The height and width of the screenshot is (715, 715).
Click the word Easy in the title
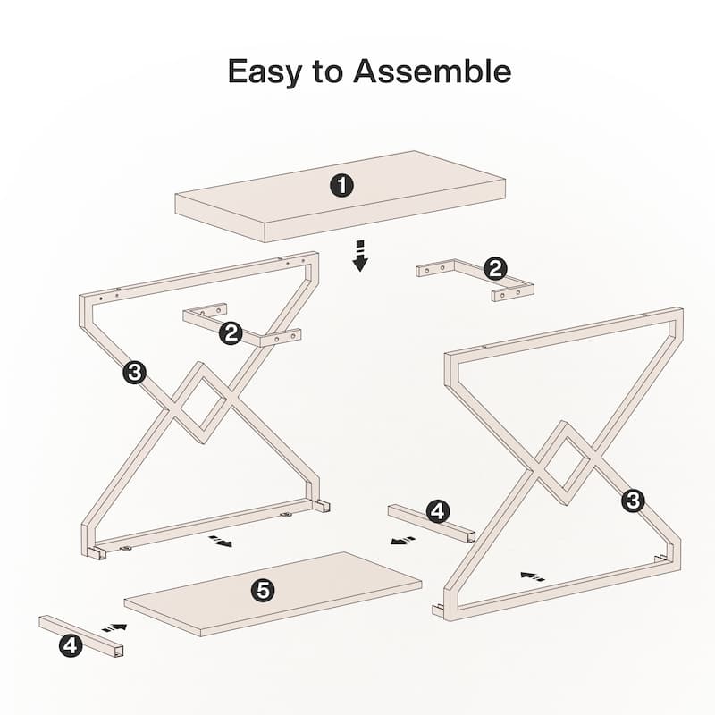point(265,71)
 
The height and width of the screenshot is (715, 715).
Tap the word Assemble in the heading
point(433,71)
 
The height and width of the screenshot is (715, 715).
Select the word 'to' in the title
point(327,72)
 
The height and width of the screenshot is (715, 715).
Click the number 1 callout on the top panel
point(341,186)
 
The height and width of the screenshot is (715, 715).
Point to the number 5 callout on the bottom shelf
point(263,591)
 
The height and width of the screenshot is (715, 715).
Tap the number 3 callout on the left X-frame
point(134,373)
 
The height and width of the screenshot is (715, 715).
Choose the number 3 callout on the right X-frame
point(633,500)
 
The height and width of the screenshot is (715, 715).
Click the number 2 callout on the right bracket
point(495,269)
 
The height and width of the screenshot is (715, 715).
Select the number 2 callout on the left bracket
point(231,332)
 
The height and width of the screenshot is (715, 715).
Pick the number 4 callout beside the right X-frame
point(437,511)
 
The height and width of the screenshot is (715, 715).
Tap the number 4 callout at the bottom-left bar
point(71,645)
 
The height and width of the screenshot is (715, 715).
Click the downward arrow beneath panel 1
point(361,256)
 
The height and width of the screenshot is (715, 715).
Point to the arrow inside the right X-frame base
point(532,576)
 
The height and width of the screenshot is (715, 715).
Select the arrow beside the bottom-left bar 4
point(114,628)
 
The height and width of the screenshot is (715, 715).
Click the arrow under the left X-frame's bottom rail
point(220,542)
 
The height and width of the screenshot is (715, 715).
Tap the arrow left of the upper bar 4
point(404,541)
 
